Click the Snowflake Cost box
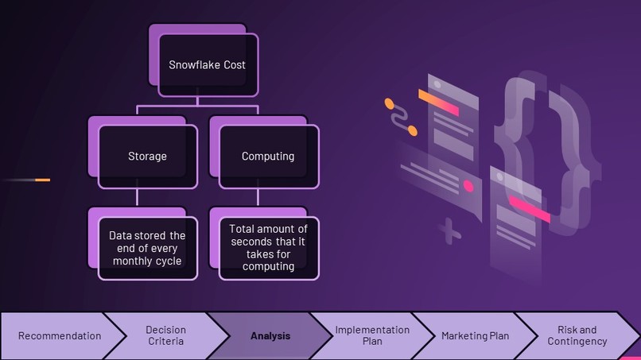(207, 64)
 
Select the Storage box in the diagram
(147, 157)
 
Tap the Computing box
(268, 157)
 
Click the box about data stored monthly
(147, 248)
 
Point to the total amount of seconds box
(268, 248)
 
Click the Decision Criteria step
(165, 335)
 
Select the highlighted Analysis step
(270, 335)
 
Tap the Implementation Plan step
(372, 335)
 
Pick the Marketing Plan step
(475, 335)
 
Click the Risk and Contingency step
(577, 335)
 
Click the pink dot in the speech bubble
(468, 186)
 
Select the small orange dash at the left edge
(42, 180)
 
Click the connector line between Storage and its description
(137, 197)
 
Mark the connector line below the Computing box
(258, 197)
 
